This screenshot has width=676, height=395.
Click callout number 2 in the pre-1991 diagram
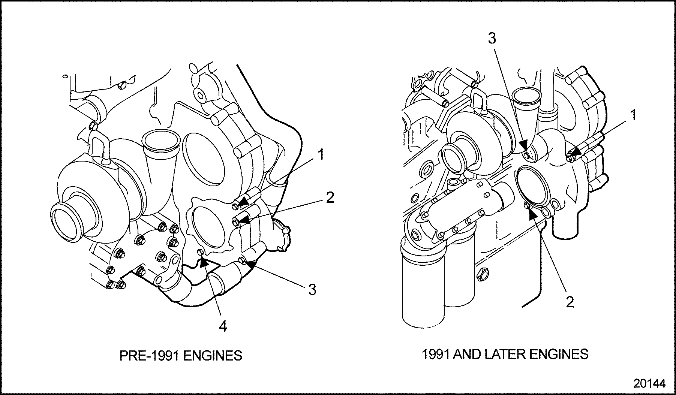330,197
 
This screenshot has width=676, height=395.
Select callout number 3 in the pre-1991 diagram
312,289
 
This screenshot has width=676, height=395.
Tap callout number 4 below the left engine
223,327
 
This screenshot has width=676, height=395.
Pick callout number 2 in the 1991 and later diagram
570,302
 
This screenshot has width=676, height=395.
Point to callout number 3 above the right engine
492,38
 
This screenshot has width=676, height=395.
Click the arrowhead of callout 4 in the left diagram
204,261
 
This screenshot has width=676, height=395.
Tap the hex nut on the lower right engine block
483,275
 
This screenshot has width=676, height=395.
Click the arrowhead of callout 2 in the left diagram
244,220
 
